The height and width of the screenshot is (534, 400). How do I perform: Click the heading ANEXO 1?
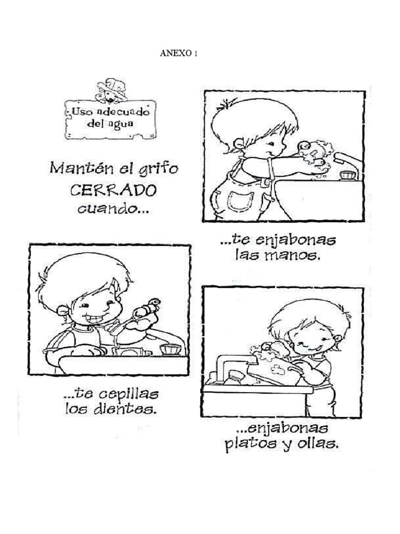point(179,54)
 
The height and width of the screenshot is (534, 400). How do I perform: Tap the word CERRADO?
point(113,190)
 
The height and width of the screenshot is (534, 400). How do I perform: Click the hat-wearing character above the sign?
point(111,90)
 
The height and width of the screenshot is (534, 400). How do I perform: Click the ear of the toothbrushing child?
point(63,311)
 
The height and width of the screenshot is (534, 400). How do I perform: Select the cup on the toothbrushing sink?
point(170,349)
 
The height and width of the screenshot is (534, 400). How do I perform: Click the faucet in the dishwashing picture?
point(235,362)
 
